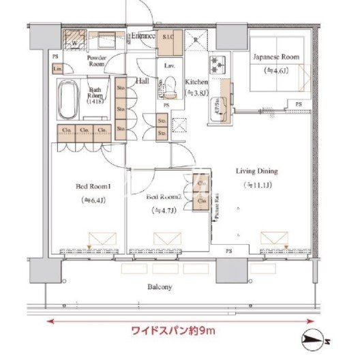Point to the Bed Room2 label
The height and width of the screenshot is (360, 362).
164,196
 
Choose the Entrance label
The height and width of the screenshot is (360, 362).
144,36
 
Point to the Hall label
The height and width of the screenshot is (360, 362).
143,81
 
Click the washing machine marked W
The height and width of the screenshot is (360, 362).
73,38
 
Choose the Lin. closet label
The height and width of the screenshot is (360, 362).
58,70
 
